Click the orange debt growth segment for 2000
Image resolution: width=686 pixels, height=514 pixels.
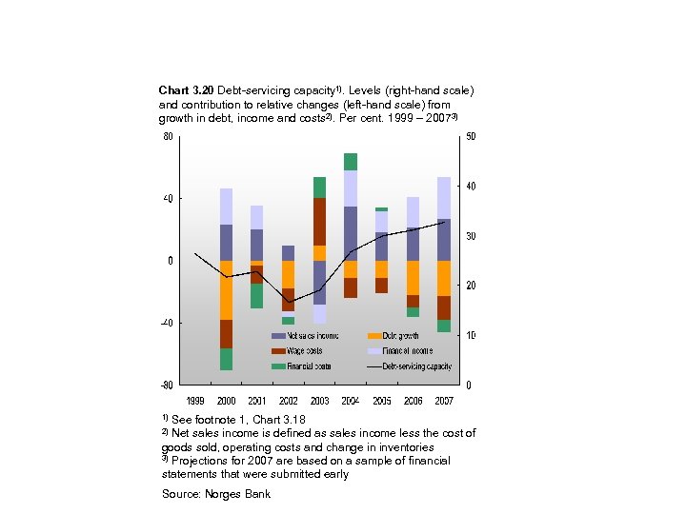[x=226, y=289]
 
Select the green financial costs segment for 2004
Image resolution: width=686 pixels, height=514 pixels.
[x=351, y=162]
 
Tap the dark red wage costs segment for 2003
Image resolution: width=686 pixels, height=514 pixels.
[x=319, y=222]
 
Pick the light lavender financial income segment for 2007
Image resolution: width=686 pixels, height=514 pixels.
[x=444, y=198]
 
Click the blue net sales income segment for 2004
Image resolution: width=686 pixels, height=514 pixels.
[x=351, y=233]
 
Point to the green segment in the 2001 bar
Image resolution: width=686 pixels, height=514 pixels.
[x=257, y=296]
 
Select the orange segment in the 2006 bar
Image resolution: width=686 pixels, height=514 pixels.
[x=413, y=277]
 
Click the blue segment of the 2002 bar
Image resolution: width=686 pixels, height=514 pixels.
[x=288, y=253]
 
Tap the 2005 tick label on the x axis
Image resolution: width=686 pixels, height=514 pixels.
[x=382, y=401]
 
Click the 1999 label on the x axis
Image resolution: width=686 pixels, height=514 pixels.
[x=195, y=401]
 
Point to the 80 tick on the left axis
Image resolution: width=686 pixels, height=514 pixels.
[x=168, y=136]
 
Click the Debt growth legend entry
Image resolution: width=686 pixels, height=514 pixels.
[x=400, y=336]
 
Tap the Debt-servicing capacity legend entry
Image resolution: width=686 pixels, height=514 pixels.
[x=416, y=366]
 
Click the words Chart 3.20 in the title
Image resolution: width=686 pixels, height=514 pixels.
[x=187, y=89]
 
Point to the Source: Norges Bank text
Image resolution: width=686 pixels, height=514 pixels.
[x=216, y=494]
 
